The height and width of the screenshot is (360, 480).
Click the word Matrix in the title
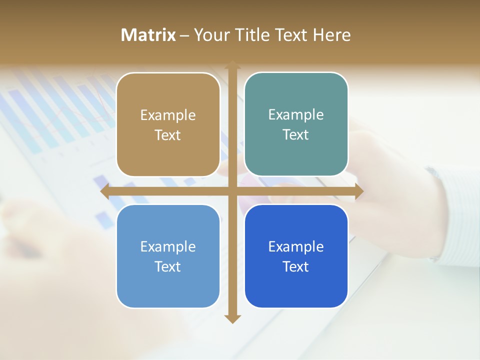148,35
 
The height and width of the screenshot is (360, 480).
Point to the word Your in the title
210,35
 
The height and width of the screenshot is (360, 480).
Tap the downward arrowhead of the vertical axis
232,318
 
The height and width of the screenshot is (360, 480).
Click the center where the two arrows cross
232,191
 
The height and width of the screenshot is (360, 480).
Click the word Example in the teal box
296,114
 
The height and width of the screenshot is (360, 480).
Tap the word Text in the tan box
168,135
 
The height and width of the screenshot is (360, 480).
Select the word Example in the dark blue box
296,246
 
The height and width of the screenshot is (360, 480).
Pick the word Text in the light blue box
168,266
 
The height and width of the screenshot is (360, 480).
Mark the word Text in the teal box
296,134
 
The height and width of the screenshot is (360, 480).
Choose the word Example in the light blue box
168,246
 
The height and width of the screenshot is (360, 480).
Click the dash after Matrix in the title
184,35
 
